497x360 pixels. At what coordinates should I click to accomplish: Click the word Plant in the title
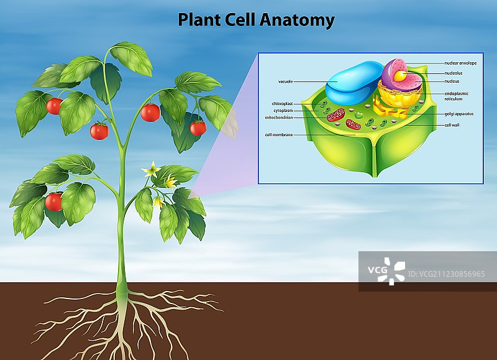(198, 20)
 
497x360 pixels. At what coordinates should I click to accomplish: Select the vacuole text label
(286, 81)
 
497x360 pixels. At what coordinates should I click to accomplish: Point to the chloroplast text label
(282, 103)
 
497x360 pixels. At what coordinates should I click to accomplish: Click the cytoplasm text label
(283, 110)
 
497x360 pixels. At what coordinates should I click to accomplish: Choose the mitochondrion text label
(279, 117)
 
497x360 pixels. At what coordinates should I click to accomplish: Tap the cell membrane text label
(279, 134)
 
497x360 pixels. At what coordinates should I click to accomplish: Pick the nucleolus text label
(454, 73)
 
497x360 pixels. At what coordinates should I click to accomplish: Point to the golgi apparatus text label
(459, 114)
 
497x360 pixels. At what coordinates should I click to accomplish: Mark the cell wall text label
(452, 125)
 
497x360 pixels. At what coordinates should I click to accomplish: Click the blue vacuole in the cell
(353, 83)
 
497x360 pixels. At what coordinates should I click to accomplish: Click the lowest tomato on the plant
(54, 201)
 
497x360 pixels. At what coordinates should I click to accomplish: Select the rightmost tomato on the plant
(198, 128)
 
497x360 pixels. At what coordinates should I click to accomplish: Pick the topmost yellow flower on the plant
(150, 169)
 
